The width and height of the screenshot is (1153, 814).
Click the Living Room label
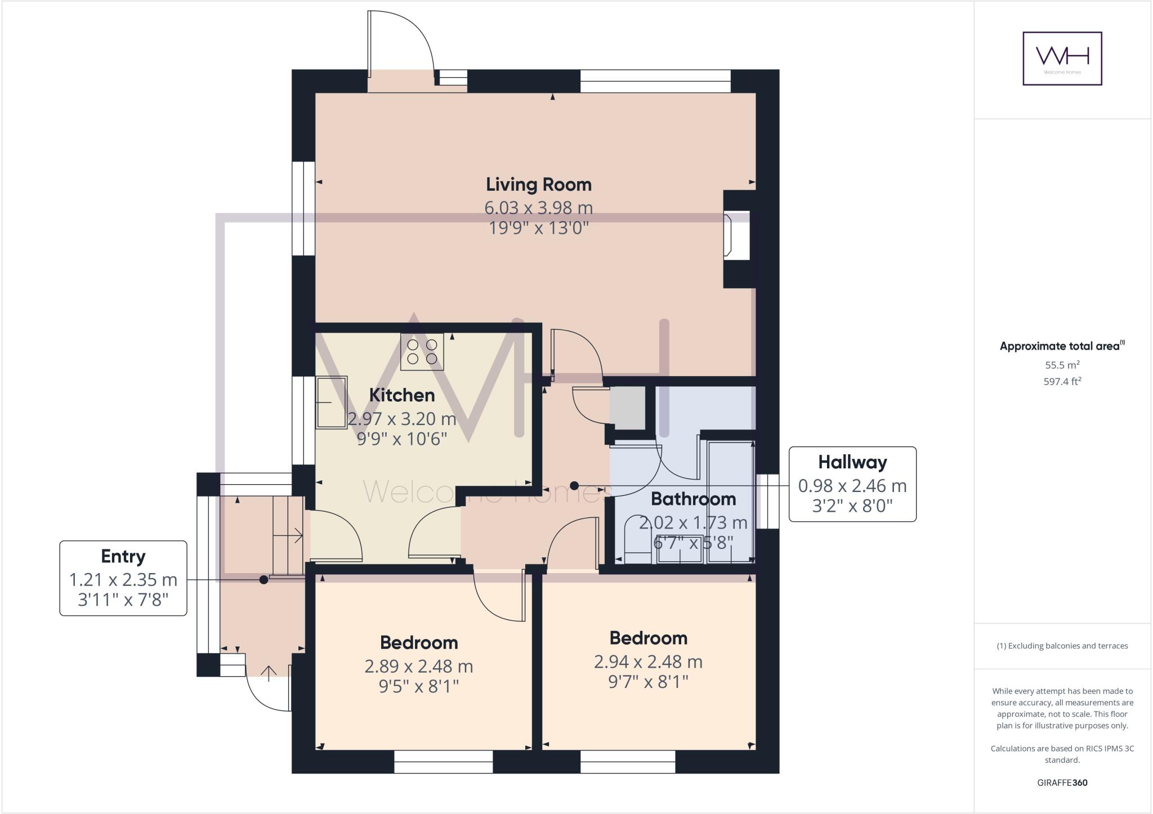538,185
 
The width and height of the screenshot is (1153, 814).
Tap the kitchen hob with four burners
422,352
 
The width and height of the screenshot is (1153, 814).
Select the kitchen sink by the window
331,402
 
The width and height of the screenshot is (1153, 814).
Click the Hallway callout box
852,484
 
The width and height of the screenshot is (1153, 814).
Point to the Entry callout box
123,578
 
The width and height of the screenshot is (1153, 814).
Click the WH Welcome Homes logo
1062,59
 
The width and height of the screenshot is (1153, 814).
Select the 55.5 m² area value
1062,365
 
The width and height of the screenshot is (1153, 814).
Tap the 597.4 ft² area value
1062,382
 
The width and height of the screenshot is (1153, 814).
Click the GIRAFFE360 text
1062,782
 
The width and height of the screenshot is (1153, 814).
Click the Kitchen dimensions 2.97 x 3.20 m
402,419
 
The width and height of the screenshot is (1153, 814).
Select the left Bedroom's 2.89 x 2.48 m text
418,667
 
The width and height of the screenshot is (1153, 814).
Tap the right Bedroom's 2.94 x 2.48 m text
648,662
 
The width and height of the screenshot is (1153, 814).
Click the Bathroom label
693,499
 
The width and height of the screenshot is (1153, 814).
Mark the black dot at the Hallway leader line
574,485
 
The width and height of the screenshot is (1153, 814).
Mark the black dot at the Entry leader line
263,579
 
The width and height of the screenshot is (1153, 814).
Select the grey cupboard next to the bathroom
628,408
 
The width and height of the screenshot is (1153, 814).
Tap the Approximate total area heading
1062,346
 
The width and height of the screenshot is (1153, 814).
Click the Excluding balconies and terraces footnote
1062,646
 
